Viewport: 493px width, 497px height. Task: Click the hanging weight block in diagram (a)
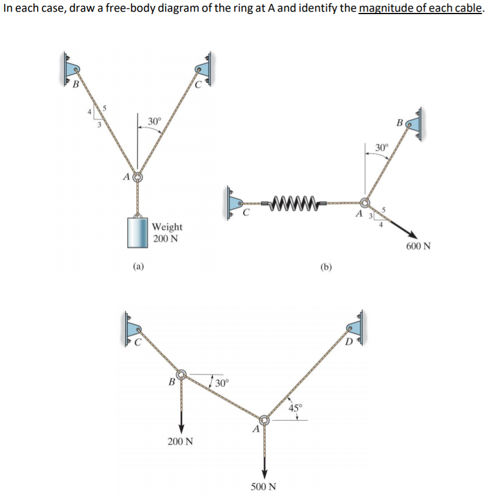tap(137, 234)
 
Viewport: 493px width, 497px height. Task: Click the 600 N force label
tap(418, 246)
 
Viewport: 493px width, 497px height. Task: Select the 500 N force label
tap(264, 486)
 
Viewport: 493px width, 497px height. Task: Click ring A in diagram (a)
tap(137, 176)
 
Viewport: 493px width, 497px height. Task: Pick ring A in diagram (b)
tap(365, 203)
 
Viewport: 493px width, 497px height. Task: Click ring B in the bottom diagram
tap(182, 373)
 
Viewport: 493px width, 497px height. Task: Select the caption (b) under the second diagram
tap(326, 267)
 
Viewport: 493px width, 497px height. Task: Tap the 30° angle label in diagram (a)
tap(154, 121)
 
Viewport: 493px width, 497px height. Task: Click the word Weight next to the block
tap(167, 226)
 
